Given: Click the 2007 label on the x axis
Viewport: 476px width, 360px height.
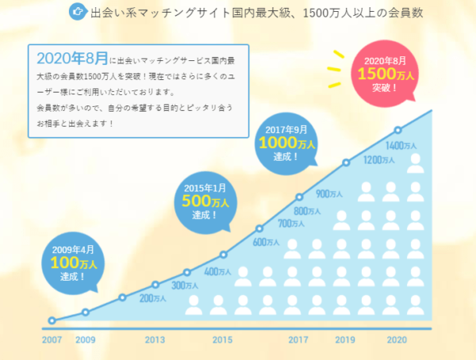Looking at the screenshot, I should click(x=52, y=340).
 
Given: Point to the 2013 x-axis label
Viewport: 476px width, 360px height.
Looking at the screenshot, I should click(x=155, y=340).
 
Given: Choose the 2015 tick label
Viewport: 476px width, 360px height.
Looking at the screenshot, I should click(x=221, y=340).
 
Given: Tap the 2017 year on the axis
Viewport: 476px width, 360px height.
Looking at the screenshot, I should click(x=297, y=340).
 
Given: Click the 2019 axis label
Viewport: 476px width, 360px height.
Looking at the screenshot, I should click(x=345, y=340).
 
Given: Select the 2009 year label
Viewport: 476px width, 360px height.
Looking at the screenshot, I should click(x=86, y=340).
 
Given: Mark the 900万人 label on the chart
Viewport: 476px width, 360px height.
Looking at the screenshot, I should click(x=329, y=193).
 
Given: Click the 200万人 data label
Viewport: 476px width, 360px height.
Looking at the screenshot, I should click(x=153, y=298).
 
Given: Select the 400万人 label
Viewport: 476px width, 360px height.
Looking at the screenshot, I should click(x=217, y=272).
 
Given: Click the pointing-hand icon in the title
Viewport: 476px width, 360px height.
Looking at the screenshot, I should click(x=78, y=12).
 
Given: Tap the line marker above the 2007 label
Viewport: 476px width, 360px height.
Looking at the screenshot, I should click(x=52, y=321).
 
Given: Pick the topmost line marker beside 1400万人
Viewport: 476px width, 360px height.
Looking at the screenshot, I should click(x=398, y=130).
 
